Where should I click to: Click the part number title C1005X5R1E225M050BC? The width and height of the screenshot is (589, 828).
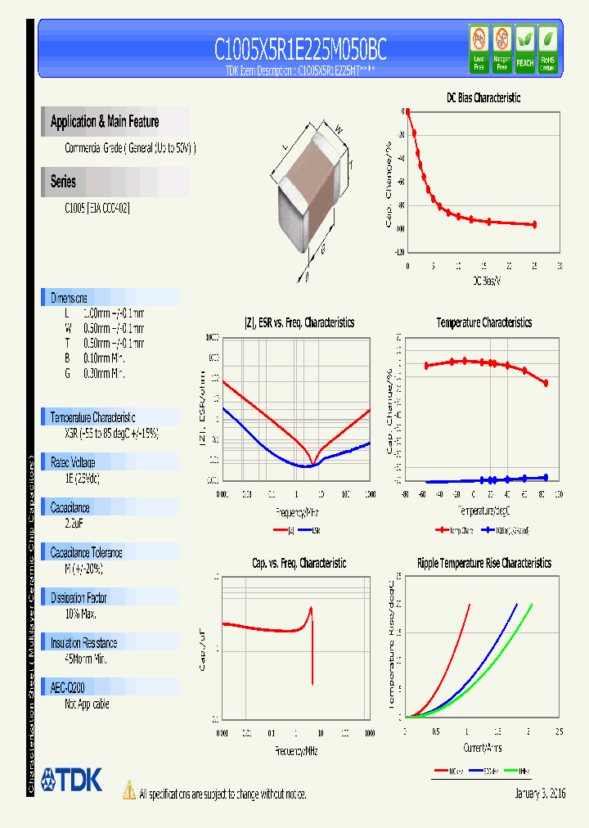[x=300, y=50]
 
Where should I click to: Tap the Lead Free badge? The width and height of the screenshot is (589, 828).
[x=479, y=50]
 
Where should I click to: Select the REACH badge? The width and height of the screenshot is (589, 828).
[x=524, y=50]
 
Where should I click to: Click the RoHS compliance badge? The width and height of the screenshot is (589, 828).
[x=547, y=50]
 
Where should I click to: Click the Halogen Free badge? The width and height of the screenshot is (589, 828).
[x=501, y=50]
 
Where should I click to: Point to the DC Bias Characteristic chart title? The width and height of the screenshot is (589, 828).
[x=483, y=97]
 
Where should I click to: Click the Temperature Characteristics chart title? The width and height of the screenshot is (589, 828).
[x=483, y=322]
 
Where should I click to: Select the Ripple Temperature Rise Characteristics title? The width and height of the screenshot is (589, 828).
[x=483, y=563]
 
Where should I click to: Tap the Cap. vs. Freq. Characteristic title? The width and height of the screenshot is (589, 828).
[x=299, y=563]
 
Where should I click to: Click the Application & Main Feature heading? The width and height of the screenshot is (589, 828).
[x=105, y=122]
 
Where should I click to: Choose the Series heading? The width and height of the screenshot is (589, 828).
[x=63, y=182]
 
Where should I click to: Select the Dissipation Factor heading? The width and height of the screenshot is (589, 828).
[x=83, y=598]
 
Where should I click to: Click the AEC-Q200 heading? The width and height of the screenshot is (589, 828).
[x=68, y=688]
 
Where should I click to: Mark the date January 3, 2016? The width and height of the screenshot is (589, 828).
[x=540, y=794]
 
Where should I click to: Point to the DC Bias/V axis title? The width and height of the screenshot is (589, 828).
[x=486, y=281]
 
